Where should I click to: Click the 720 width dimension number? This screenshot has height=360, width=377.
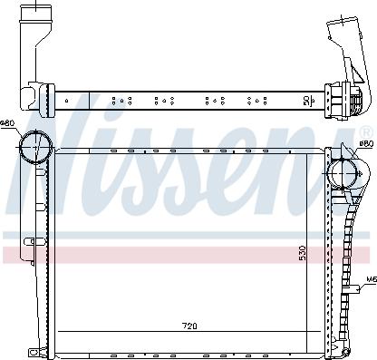pos(189,326)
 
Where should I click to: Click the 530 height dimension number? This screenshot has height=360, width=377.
pos(303,253)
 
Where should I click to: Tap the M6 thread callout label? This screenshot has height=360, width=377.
pos(372,280)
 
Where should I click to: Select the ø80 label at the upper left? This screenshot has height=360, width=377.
pos(7,123)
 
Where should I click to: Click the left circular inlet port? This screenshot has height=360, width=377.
pos(36,147)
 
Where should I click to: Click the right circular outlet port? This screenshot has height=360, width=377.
pos(343,174)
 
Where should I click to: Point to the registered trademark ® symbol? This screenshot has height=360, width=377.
pos(366,132)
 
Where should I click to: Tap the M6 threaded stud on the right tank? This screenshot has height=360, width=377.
pos(354,289)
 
